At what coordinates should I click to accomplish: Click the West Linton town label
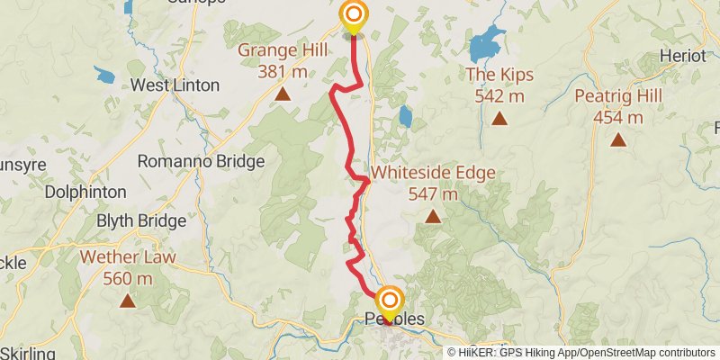point(175,86)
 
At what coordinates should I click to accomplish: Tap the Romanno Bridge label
point(201,162)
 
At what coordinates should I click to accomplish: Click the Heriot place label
point(682,56)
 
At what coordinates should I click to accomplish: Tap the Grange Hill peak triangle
point(283,94)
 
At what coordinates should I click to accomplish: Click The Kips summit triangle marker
point(499,119)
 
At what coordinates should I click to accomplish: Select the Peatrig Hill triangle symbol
point(618,139)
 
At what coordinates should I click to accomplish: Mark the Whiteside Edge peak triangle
point(433,217)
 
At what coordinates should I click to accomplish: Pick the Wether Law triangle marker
point(127,301)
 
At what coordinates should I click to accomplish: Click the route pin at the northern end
point(353,15)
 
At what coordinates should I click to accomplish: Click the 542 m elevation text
point(499,96)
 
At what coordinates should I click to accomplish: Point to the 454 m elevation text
point(618,117)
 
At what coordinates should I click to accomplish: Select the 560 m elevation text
point(128,279)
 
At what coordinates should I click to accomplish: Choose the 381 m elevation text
point(283,71)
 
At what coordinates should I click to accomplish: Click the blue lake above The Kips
point(487,42)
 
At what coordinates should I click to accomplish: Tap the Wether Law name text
point(128,258)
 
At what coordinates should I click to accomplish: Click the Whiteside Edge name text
point(433,173)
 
